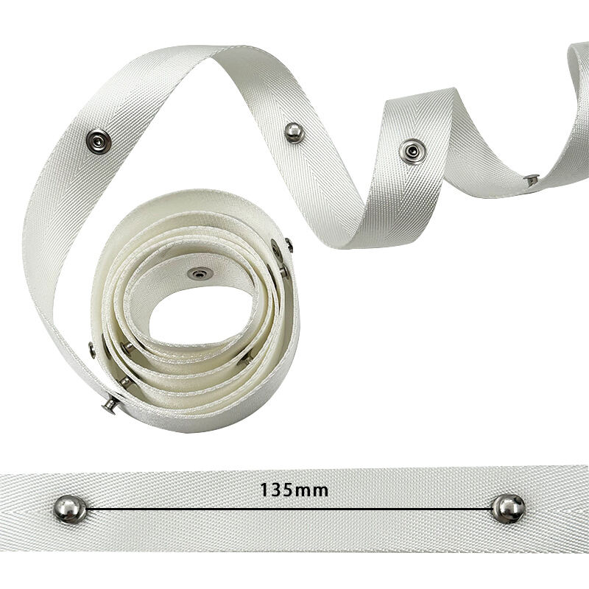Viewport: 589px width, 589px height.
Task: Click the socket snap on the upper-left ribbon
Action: (99, 141)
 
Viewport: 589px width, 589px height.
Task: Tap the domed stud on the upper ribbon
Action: (294, 133)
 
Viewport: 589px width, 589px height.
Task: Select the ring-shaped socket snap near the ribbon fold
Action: (412, 152)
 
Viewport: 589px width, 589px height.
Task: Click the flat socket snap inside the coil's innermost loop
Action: (200, 273)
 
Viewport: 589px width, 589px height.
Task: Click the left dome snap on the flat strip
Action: (70, 509)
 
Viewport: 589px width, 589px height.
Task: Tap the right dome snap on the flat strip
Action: (508, 509)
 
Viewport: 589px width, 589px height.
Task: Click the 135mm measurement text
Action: (294, 490)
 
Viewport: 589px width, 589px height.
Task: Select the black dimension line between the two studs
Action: (289, 509)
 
